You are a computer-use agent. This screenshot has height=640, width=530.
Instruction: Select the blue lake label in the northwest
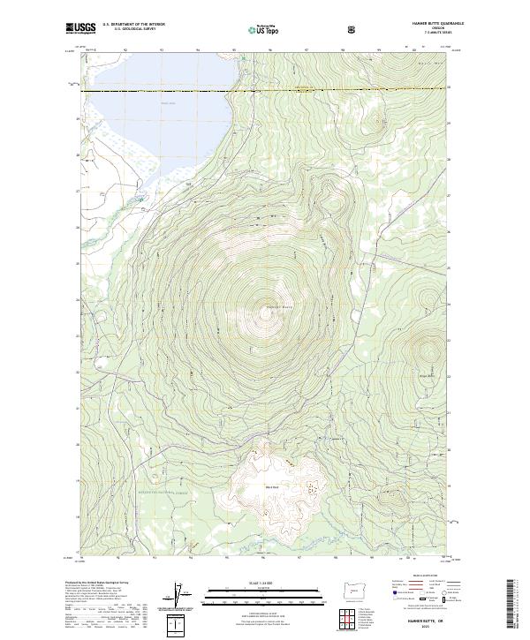pyautogui.click(x=168, y=103)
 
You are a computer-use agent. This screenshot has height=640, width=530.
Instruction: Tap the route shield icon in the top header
pyautogui.click(x=354, y=29)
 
